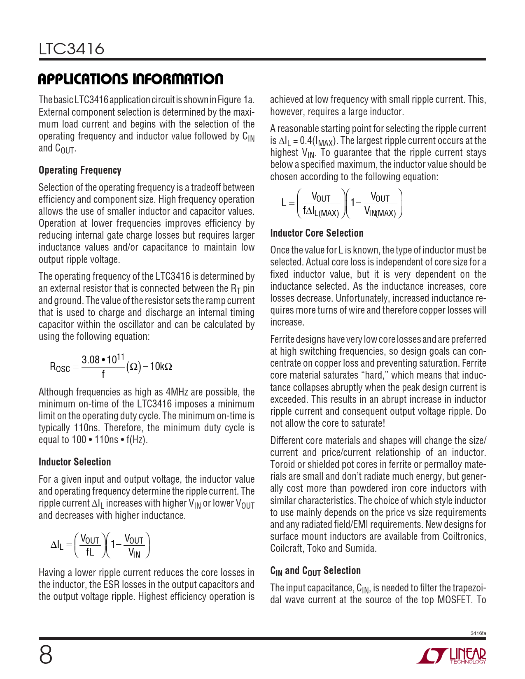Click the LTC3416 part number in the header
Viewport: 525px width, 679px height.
(72, 49)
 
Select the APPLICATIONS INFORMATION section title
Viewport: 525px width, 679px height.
(131, 79)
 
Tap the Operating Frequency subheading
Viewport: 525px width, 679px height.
(80, 170)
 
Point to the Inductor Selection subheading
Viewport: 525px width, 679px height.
(75, 462)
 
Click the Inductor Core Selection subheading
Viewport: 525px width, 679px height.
(317, 233)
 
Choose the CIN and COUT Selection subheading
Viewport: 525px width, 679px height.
(315, 571)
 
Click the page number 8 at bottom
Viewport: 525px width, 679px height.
(46, 655)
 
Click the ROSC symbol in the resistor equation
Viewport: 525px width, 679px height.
(60, 367)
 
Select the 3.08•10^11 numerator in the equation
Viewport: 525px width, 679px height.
(103, 359)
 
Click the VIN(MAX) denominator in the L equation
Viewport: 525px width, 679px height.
(380, 213)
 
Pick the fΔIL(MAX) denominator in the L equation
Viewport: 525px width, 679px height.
(321, 213)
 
